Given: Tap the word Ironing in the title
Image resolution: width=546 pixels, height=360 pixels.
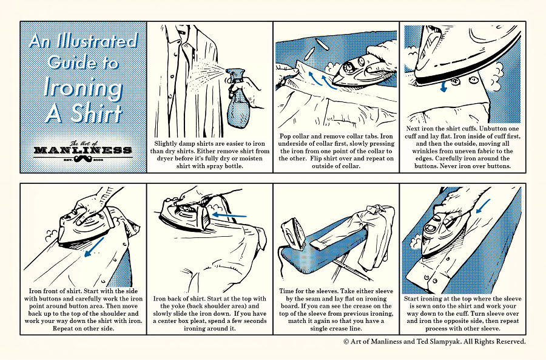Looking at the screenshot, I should [83, 87].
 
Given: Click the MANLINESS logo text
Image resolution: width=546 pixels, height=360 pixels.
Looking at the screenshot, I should [83, 149].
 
